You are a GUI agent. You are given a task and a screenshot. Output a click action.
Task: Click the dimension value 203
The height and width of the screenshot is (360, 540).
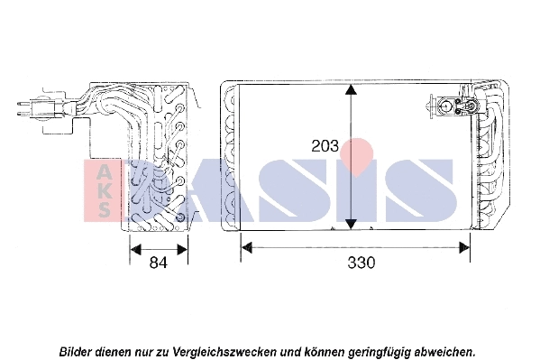(x=325, y=146)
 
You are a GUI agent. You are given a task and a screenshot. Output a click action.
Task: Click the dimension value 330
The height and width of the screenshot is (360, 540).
(x=361, y=263)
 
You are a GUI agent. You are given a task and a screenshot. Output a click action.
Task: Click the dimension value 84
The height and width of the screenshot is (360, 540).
(x=159, y=263)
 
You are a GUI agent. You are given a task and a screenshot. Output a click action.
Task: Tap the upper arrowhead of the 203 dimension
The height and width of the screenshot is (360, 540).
(x=351, y=89)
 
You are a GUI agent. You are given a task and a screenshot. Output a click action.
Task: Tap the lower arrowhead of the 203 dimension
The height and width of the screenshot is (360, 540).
(x=351, y=224)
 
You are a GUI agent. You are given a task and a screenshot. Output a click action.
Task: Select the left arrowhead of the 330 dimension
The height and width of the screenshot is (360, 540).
(x=247, y=247)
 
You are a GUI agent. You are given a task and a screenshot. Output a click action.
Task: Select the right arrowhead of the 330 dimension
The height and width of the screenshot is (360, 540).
(x=464, y=247)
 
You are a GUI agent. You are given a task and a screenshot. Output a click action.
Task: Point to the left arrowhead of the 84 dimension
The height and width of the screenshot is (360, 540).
(x=135, y=249)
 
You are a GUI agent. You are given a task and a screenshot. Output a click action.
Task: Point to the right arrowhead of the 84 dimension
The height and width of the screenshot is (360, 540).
(x=182, y=249)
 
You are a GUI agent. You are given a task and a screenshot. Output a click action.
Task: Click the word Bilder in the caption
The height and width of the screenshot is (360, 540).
(x=77, y=352)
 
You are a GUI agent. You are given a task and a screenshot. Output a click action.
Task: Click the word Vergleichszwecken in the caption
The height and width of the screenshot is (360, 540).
(x=224, y=353)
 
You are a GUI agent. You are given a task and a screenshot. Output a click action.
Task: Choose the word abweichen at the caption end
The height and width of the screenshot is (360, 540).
(x=444, y=352)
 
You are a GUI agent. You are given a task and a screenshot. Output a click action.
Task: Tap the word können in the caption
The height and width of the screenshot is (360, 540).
(x=325, y=352)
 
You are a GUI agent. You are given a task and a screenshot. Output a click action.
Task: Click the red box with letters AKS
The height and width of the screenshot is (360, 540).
(x=103, y=190)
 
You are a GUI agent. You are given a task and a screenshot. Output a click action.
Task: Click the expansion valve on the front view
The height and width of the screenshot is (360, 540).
(x=454, y=106)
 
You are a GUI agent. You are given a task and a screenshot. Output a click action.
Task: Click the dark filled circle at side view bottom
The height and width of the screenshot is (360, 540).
(x=179, y=217)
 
